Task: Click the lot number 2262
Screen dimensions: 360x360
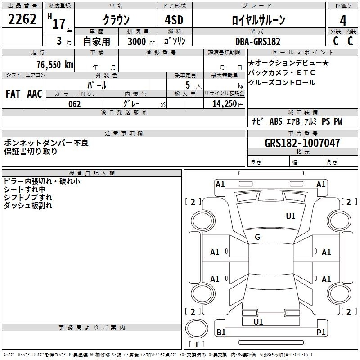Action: (x=22, y=19)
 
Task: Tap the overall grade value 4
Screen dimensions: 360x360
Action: (x=343, y=21)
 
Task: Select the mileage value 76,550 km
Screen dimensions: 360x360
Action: (x=55, y=65)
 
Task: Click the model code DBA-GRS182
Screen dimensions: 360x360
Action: (x=258, y=41)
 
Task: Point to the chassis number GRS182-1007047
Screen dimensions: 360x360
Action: (x=302, y=143)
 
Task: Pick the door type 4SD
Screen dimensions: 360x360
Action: (x=174, y=20)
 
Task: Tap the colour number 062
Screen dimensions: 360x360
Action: (x=75, y=104)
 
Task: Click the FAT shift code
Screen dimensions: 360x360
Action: (x=13, y=94)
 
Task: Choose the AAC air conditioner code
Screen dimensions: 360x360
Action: (x=35, y=94)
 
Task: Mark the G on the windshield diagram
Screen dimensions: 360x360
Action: (x=257, y=237)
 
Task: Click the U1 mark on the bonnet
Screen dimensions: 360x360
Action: (x=291, y=216)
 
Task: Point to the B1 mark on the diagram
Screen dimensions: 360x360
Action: (x=221, y=332)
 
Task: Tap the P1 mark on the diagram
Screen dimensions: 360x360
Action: (x=321, y=332)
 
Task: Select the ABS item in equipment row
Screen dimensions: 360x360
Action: (x=276, y=121)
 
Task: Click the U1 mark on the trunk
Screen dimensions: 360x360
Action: (x=258, y=322)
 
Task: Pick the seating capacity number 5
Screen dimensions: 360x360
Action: (x=188, y=85)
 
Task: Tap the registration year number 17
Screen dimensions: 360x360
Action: (x=59, y=24)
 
